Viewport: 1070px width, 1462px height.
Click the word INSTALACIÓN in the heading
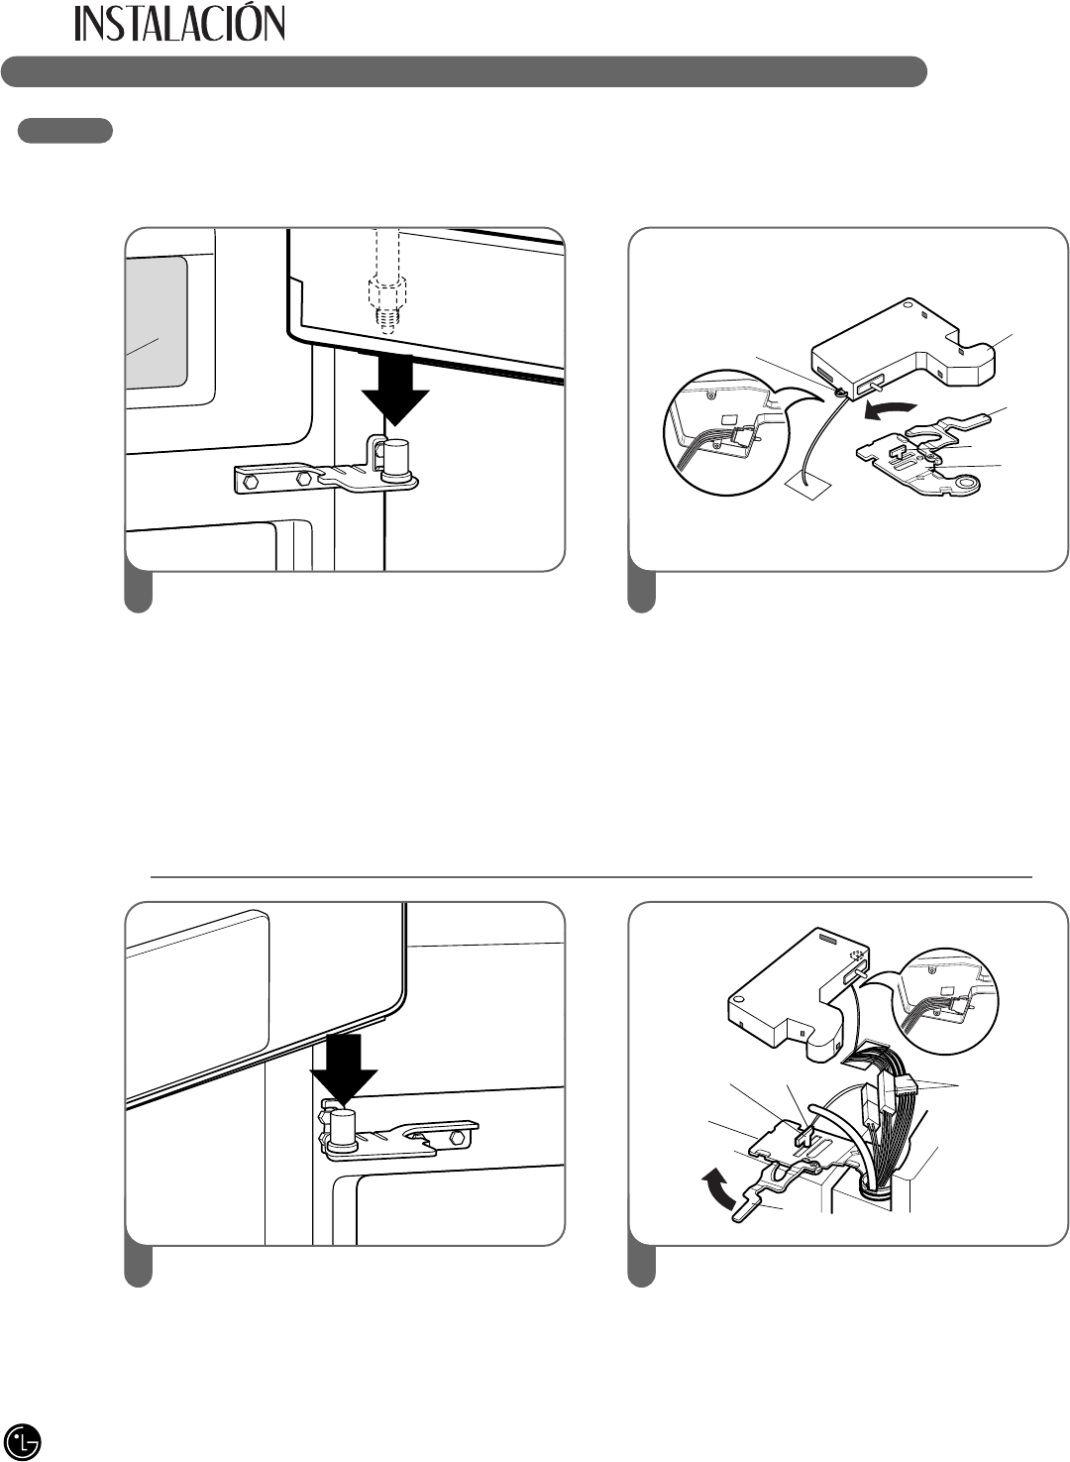pyautogui.click(x=180, y=24)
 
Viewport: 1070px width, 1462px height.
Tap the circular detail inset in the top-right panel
pyautogui.click(x=725, y=432)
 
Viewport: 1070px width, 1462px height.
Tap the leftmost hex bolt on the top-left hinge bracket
pyautogui.click(x=249, y=483)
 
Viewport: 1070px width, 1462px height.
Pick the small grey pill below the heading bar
pyautogui.click(x=65, y=131)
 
